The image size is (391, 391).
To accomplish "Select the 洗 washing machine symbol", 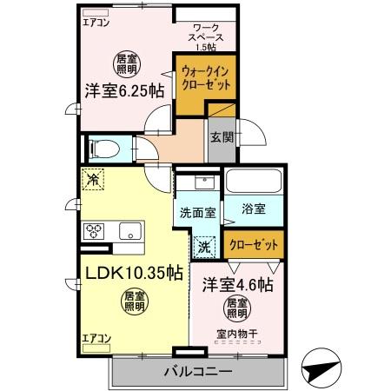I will (204, 246).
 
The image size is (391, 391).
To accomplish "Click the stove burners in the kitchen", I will (95, 230).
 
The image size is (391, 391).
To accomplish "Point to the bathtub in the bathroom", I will (254, 182).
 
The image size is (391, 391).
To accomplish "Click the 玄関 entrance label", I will (221, 136).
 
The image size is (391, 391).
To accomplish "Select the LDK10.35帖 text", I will (133, 273).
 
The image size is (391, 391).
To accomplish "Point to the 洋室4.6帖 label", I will (239, 285).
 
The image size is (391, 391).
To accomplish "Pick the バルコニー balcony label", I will (197, 371).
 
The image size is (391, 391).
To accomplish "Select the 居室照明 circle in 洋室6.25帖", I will (128, 62).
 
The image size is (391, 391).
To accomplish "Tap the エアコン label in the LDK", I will (95, 338).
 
